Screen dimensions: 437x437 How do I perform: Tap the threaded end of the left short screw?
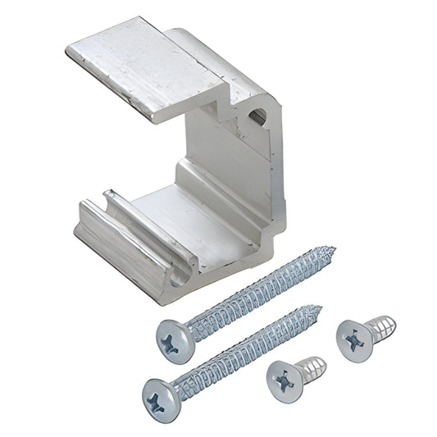tap(316, 364)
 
